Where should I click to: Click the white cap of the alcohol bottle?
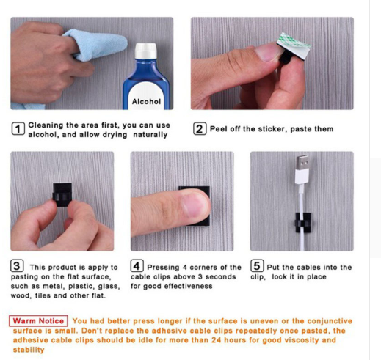[x=145, y=51]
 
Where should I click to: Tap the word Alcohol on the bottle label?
[x=146, y=101]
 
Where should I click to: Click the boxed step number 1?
[x=18, y=129]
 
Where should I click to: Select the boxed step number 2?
[x=200, y=129]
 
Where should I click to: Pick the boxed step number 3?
[x=17, y=265]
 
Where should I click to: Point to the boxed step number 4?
[x=137, y=265]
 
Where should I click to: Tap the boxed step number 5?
[x=257, y=265]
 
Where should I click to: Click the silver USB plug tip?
[x=302, y=163]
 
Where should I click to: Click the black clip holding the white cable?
[x=303, y=223]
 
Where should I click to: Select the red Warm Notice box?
[x=38, y=321]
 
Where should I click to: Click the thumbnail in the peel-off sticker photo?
[x=267, y=52]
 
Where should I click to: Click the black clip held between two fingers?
[x=62, y=194]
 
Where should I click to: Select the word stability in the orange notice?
[x=29, y=350]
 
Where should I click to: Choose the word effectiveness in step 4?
[x=188, y=286]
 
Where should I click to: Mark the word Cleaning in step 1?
[x=46, y=125]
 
